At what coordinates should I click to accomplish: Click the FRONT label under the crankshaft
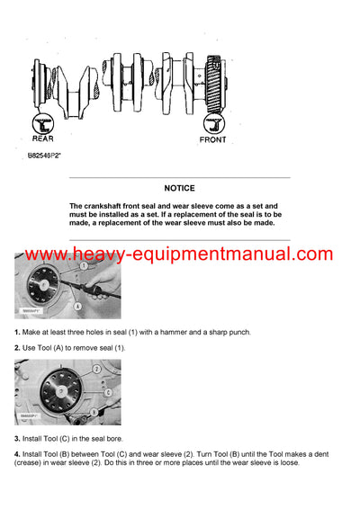pos(213,139)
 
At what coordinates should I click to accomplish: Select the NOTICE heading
pos(179,189)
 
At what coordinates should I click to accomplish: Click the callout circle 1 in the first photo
pos(84,267)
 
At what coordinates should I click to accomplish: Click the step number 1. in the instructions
pos(17,333)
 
